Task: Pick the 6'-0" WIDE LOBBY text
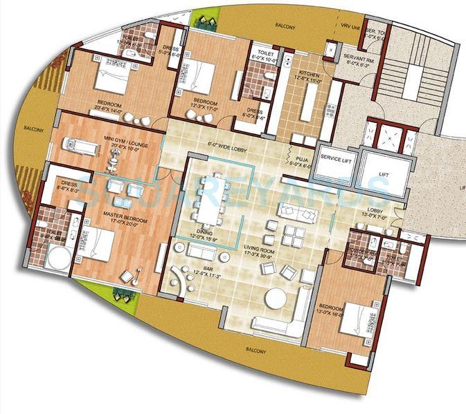click(227, 146)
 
